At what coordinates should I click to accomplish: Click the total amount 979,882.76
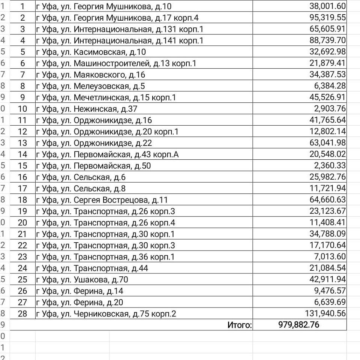coord(299,325)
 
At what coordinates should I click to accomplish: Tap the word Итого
coord(239,325)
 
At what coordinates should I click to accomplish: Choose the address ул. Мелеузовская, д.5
coord(90,86)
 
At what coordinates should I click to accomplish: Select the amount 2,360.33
coord(330,166)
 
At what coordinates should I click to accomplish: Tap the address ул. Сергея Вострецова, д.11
coord(102,200)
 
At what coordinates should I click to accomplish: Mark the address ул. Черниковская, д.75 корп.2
coord(106,313)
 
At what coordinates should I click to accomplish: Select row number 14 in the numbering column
coord(22,154)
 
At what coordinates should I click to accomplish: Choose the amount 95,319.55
coord(327,18)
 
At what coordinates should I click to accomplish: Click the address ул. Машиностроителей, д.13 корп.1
coord(116,63)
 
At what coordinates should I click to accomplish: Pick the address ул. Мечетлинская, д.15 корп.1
coord(106,97)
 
